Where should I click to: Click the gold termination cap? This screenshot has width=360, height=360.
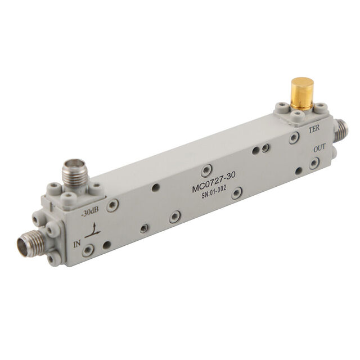coord(302,93)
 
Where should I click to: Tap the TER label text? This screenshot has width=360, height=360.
coord(314,129)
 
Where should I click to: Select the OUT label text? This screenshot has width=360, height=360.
coord(319,148)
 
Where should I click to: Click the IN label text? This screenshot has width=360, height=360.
coord(77,244)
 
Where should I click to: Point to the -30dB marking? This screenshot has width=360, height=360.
coord(89,213)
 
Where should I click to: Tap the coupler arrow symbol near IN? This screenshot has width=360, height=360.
coord(93,231)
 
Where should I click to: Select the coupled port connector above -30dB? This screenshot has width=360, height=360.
coord(73,174)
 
